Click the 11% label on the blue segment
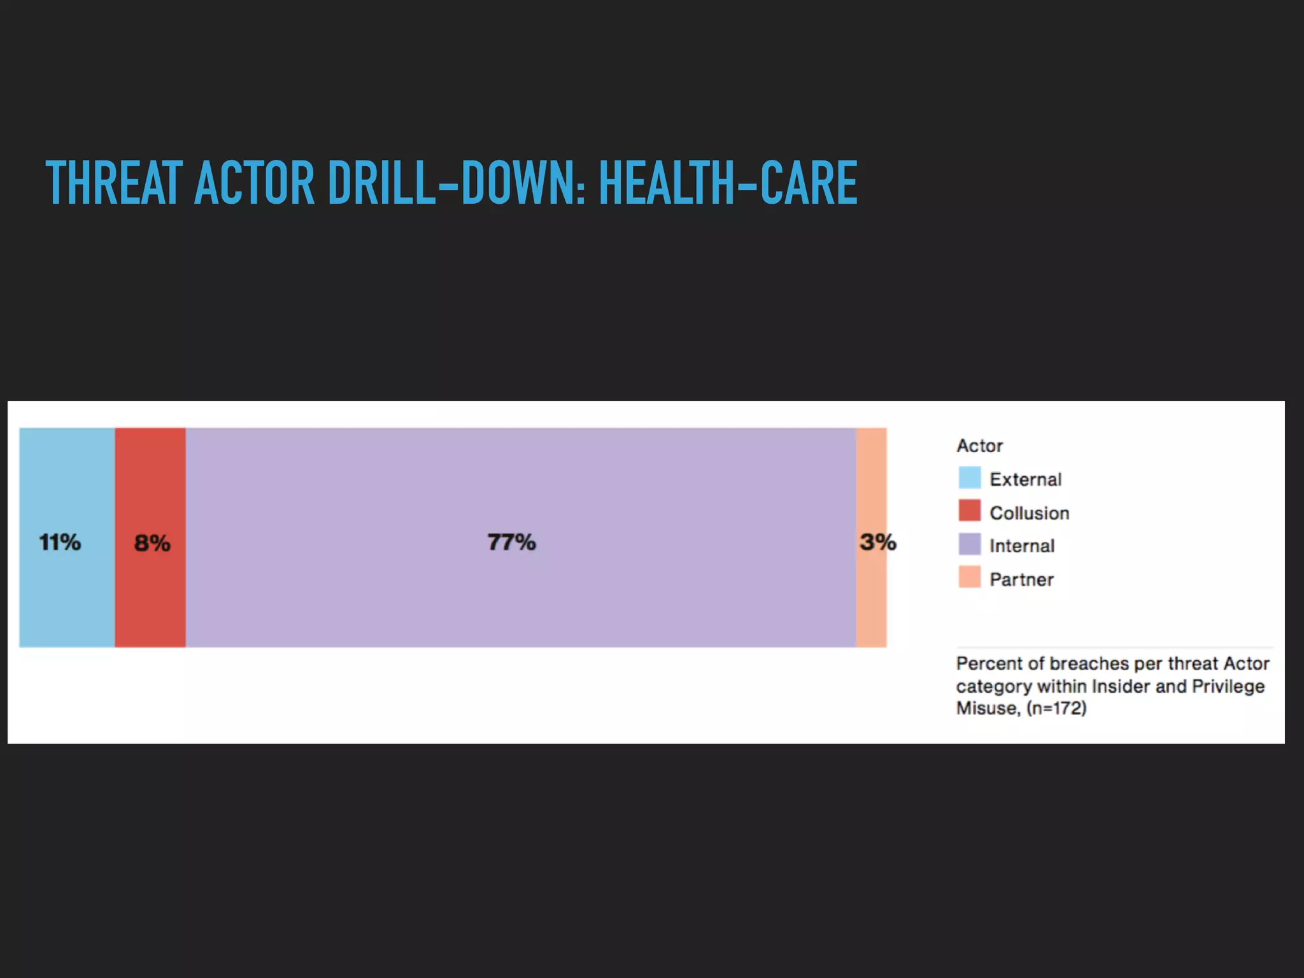(x=60, y=542)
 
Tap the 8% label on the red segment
(x=152, y=543)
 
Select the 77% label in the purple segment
(x=511, y=542)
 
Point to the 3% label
(x=877, y=542)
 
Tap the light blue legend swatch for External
(x=969, y=478)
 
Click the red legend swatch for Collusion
(x=969, y=511)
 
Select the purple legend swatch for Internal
(x=969, y=545)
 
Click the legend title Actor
(x=979, y=446)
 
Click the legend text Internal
(x=1021, y=546)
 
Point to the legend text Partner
(x=1021, y=579)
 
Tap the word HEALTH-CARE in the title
(x=728, y=183)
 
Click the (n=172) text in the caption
(x=1056, y=708)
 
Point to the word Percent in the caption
(x=989, y=663)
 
